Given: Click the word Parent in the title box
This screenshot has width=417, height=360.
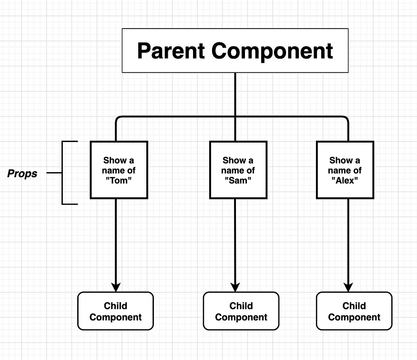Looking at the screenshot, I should (171, 51).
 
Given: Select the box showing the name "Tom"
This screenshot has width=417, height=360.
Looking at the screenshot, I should (119, 170).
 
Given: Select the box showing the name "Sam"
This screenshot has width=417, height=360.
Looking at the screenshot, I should (238, 170).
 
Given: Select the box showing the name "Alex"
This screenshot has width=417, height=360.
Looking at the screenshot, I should (345, 170).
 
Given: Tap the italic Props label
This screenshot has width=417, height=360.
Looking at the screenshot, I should (22, 174).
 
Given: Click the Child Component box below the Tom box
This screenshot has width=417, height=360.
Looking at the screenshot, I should (115, 311).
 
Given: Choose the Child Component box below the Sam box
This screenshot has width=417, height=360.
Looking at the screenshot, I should (241, 311).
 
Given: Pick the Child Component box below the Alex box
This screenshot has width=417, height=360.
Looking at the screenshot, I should (354, 311).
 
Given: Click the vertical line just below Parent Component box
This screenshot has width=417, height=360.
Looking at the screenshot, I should (235, 93).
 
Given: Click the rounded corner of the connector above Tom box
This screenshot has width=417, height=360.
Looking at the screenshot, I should (117, 118).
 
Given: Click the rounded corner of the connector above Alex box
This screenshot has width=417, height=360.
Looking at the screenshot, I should (347, 118).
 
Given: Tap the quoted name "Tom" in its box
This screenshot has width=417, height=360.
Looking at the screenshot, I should (119, 181).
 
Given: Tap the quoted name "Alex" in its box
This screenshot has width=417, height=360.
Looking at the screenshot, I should (345, 181).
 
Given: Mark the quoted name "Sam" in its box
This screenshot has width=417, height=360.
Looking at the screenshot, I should (238, 181).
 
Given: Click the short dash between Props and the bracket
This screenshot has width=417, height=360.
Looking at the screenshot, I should (54, 173).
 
